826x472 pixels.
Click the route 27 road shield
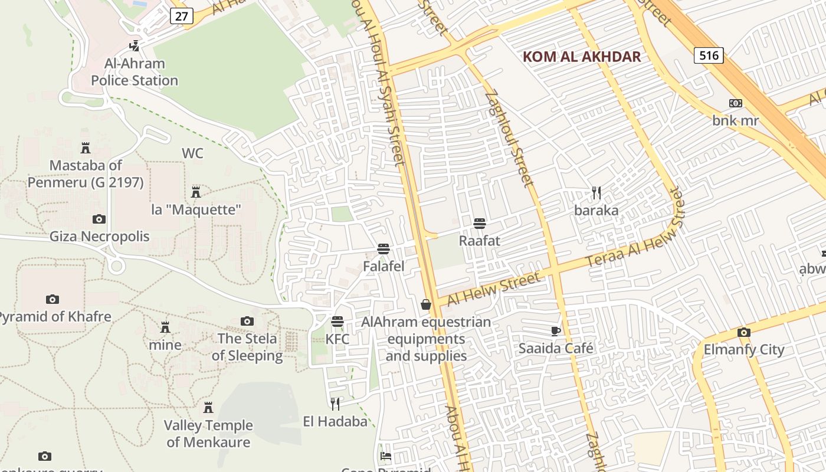(x=181, y=16)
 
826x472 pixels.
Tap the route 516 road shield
(x=708, y=55)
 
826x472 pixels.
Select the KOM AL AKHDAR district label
(x=582, y=57)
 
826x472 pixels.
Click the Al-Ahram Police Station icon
(x=135, y=45)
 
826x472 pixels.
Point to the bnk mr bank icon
(x=735, y=103)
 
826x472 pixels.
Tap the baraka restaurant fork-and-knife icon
(x=596, y=193)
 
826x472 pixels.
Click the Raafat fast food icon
(x=480, y=224)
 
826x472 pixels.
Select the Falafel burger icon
(x=383, y=249)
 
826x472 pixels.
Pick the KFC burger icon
(x=337, y=322)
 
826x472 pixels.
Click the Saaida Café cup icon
(x=556, y=331)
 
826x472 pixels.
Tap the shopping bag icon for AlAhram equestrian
(x=426, y=304)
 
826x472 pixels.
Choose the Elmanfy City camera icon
(x=744, y=332)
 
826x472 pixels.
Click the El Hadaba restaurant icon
(x=335, y=404)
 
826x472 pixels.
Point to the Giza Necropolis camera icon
(x=99, y=219)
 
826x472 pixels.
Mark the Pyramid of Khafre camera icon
(x=53, y=299)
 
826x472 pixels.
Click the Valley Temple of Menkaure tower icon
(x=208, y=408)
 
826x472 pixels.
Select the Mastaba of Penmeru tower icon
(x=86, y=148)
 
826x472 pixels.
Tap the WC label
(x=192, y=153)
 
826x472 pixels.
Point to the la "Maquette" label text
(x=196, y=209)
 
